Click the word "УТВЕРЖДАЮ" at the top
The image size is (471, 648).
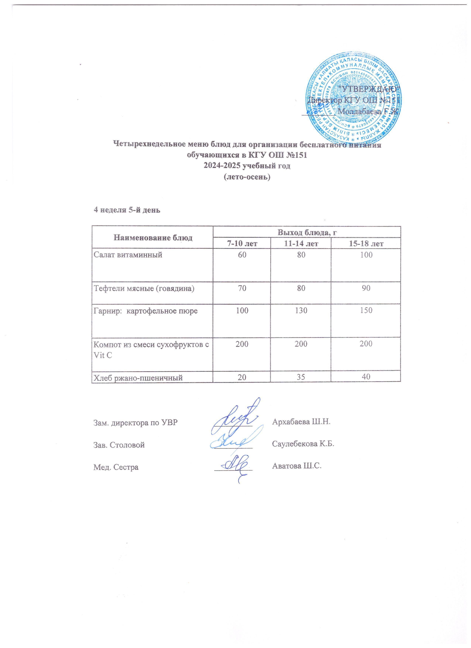coord(368,89)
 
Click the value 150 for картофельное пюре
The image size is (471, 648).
coord(366,311)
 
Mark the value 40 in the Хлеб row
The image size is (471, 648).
coord(366,377)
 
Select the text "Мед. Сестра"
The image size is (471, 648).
coord(116,467)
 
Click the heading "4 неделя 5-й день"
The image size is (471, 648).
coord(127,210)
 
